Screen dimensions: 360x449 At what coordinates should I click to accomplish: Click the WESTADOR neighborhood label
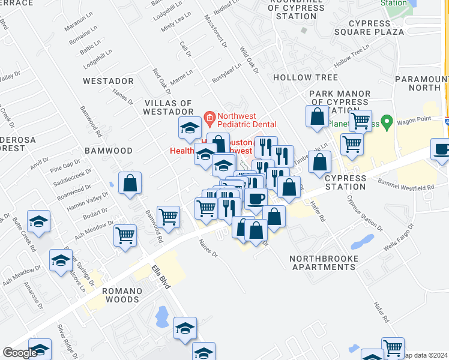pos(108,80)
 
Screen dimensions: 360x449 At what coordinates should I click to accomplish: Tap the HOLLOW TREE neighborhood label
pos(305,77)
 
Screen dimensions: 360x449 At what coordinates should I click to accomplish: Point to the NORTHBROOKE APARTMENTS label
pos(324,263)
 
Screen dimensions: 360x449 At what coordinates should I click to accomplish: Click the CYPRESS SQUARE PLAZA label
pos(377,31)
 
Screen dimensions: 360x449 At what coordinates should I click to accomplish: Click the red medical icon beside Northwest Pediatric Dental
pos(209,116)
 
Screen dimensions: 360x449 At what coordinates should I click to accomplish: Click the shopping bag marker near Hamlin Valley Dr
pos(130,183)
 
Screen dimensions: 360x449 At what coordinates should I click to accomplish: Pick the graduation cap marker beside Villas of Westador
pos(190,127)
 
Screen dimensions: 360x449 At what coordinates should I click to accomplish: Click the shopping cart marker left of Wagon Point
pos(360,120)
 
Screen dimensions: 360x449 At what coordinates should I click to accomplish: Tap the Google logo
pos(20,353)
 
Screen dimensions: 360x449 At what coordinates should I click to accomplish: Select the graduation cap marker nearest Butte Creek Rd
pos(38,221)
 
